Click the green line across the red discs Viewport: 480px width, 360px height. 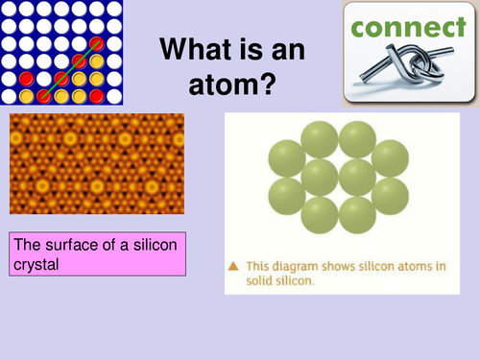(69, 69)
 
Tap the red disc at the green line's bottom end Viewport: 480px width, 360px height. (43, 96)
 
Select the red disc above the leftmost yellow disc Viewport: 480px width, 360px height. (26, 78)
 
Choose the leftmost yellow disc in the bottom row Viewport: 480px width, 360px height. (26, 96)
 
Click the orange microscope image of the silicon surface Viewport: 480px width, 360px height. (96, 163)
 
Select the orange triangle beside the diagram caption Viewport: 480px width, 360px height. (233, 265)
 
